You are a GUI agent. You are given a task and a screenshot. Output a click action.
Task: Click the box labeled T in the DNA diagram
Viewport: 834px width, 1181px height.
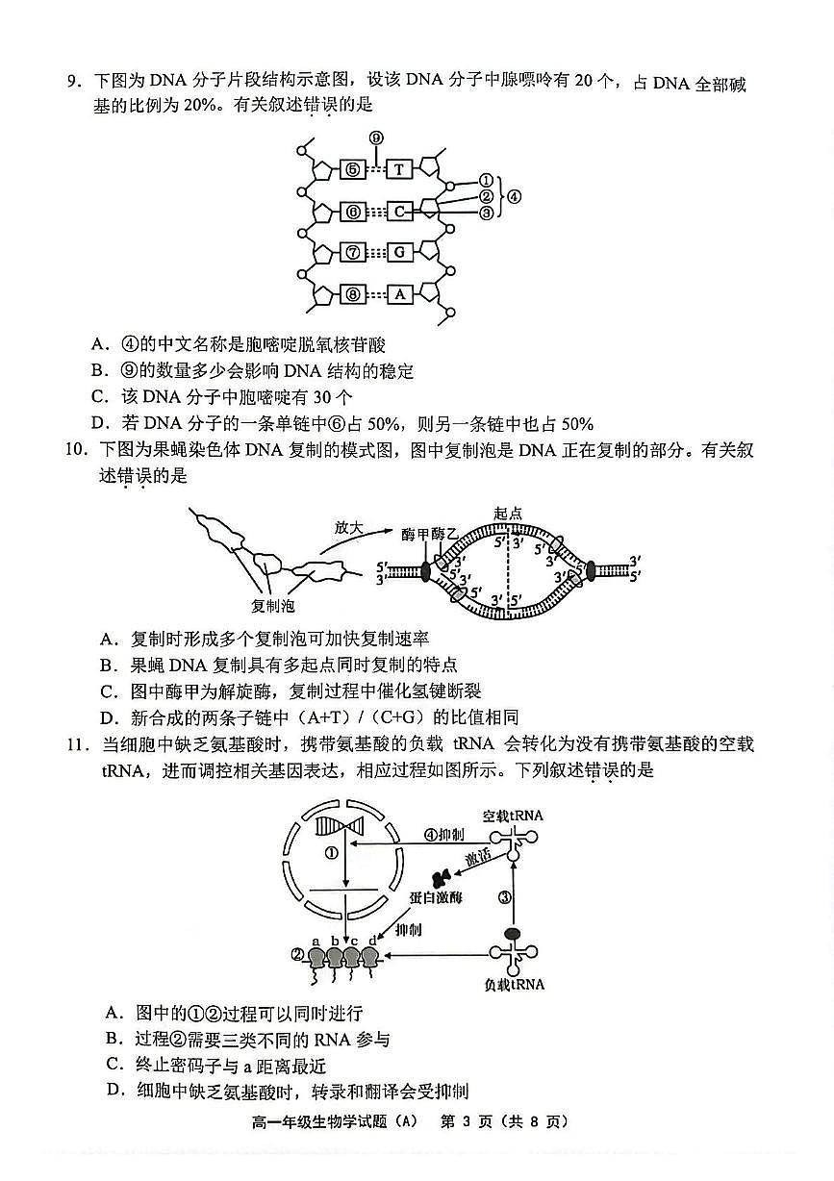pyautogui.click(x=399, y=169)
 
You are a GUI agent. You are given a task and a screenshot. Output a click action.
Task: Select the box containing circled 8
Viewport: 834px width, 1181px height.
pyautogui.click(x=353, y=294)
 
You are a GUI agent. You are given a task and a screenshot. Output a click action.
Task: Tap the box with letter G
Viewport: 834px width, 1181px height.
pyautogui.click(x=399, y=252)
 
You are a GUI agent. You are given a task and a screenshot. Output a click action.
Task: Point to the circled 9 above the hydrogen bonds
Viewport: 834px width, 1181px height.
pyautogui.click(x=376, y=138)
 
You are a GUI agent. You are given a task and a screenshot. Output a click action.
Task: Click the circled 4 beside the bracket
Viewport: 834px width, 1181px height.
pyautogui.click(x=515, y=197)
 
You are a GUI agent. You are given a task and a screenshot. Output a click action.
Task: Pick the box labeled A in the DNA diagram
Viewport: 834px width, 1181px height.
pyautogui.click(x=399, y=294)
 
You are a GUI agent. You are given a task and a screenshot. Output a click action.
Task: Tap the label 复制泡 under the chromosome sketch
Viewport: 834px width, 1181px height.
pyautogui.click(x=272, y=606)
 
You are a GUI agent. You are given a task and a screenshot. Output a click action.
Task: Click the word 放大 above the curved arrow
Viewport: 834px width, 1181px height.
pyautogui.click(x=347, y=528)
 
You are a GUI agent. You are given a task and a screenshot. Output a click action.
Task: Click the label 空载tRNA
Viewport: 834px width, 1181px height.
pyautogui.click(x=513, y=816)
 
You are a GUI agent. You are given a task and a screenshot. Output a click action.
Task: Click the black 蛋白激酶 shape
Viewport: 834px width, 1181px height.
pyautogui.click(x=443, y=877)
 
